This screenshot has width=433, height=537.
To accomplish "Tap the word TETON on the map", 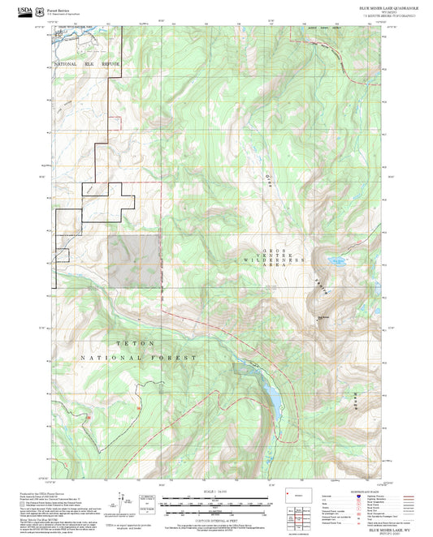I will coord(129,343).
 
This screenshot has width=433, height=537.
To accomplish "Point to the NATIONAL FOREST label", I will coord(150,358).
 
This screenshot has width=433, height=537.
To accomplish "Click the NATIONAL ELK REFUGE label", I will coord(87,63).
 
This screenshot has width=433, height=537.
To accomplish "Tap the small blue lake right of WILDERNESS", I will coord(335,261).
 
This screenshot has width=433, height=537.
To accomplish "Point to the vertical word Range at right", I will coord(354,397).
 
